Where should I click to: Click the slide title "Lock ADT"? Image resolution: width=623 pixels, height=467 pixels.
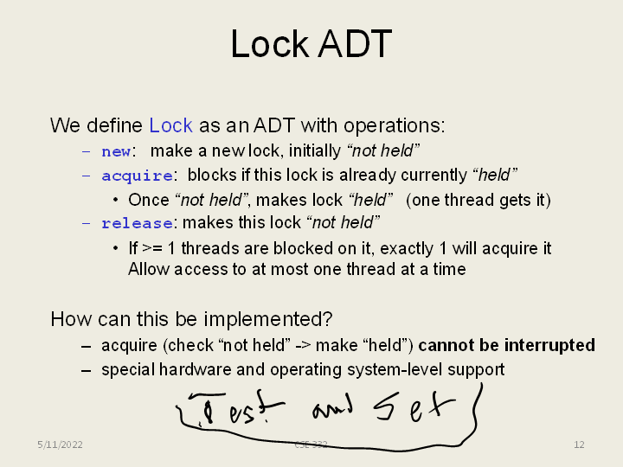pos(311,43)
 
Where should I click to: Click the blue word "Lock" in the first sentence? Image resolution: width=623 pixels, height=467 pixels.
pos(170,125)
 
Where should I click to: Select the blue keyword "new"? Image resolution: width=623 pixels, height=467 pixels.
pos(116,151)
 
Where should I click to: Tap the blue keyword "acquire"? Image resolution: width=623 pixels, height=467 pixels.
pos(137,176)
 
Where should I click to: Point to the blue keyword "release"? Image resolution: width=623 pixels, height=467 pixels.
pos(137,223)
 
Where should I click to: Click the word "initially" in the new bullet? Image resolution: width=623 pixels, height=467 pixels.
pos(314,150)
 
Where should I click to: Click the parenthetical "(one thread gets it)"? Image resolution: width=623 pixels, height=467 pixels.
pos(478,200)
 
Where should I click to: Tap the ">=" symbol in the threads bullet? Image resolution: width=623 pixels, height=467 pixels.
pos(152,248)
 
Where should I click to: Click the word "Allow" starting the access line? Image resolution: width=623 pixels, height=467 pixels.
pos(149,269)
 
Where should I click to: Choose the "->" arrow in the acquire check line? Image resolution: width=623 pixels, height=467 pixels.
pos(303,345)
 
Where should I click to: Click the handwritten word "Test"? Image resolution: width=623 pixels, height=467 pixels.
pos(234,409)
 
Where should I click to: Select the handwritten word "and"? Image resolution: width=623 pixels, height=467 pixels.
pos(332,410)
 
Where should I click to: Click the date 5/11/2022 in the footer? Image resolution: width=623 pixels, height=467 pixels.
pos(60,445)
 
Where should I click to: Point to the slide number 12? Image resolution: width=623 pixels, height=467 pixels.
pos(579,445)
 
